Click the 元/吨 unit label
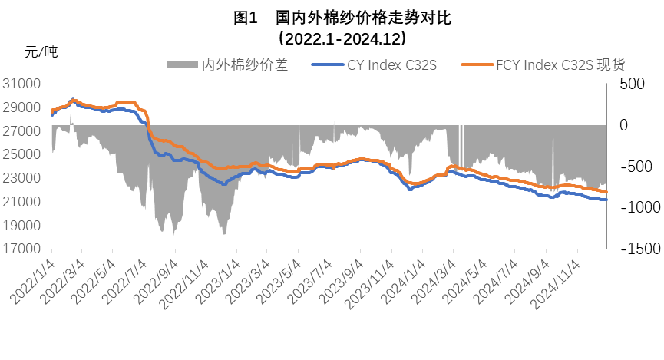point(41,52)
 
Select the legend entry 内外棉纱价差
point(243,65)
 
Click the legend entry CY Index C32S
point(391,65)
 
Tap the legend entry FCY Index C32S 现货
point(560,65)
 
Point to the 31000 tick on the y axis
point(24,84)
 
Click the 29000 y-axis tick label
point(24,107)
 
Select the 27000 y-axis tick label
point(24,131)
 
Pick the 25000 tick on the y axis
point(24,154)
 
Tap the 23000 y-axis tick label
point(24,178)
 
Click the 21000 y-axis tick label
point(24,202)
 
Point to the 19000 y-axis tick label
point(24,226)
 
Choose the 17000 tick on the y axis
point(24,249)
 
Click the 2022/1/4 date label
point(32,278)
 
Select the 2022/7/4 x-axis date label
point(124,278)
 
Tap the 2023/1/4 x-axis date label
point(218,278)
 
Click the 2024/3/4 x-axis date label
point(434,278)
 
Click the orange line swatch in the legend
point(475,65)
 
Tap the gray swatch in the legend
point(183,65)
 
